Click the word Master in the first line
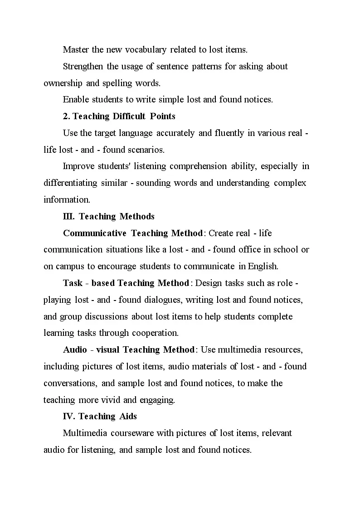coord(76,49)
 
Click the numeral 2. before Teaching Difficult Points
coord(66,116)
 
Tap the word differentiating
coord(70,183)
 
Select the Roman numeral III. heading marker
coord(69,216)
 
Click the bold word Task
coord(73,283)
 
